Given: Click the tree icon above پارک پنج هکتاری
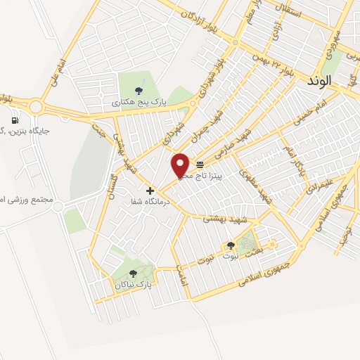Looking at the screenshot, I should pos(139,90).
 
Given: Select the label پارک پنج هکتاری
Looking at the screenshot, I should pos(143,103).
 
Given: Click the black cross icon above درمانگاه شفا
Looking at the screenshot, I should pos(150,191).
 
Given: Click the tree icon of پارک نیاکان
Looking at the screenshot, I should pos(133,274).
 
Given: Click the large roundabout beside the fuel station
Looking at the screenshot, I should pos(36,107).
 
